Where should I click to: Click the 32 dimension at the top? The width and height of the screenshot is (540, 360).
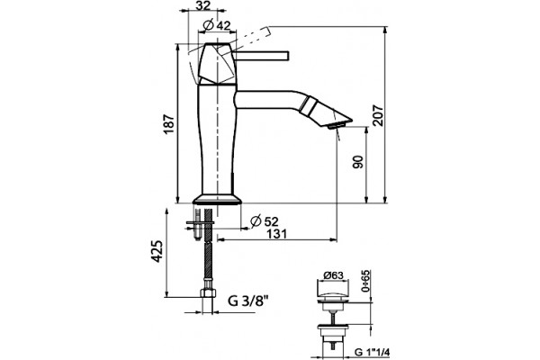point(203,5)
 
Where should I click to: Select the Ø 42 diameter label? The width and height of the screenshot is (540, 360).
point(217,24)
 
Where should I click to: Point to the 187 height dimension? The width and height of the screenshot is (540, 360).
point(169,124)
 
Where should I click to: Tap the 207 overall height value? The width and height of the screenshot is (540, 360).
point(378,115)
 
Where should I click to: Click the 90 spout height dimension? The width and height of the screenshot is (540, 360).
point(358,162)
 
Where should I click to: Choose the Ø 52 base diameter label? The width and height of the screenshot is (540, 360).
point(264,221)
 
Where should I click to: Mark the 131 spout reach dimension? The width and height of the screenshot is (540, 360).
point(277,234)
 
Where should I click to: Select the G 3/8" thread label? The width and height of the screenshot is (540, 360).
point(248,301)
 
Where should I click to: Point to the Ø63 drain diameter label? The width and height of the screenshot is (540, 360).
point(333,275)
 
